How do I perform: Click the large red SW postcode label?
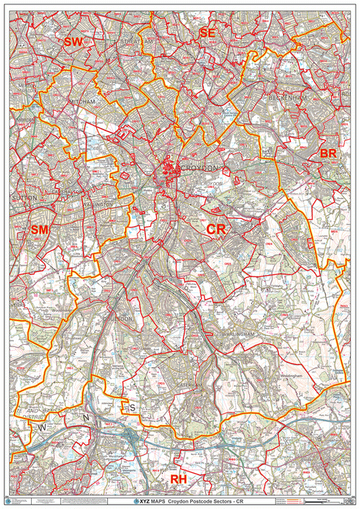[73, 42]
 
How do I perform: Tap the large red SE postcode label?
[207, 33]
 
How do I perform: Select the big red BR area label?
[328, 154]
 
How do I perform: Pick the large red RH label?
[178, 479]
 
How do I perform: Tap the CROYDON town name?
[197, 168]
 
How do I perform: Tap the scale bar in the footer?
[322, 499]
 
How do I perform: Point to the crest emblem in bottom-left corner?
[9, 499]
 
